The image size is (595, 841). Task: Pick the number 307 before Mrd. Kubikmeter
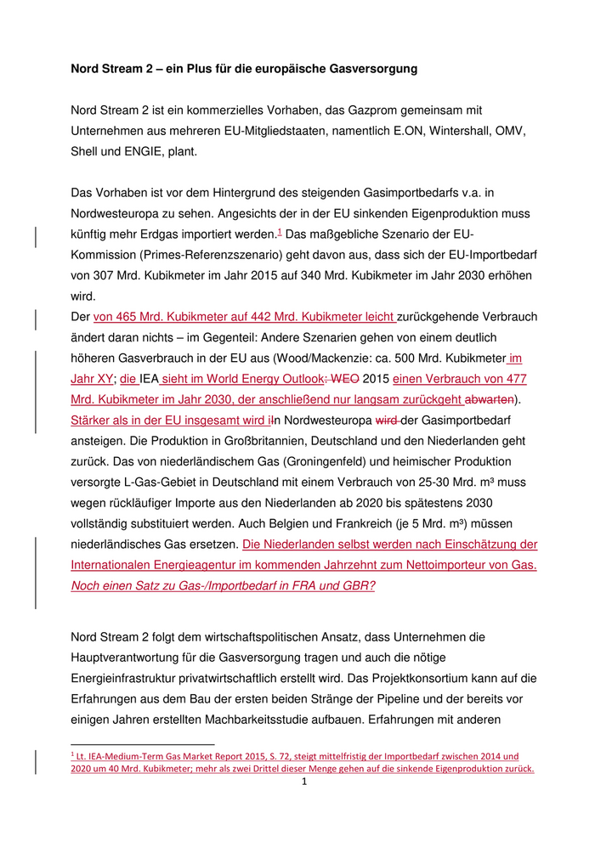(x=115, y=276)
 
